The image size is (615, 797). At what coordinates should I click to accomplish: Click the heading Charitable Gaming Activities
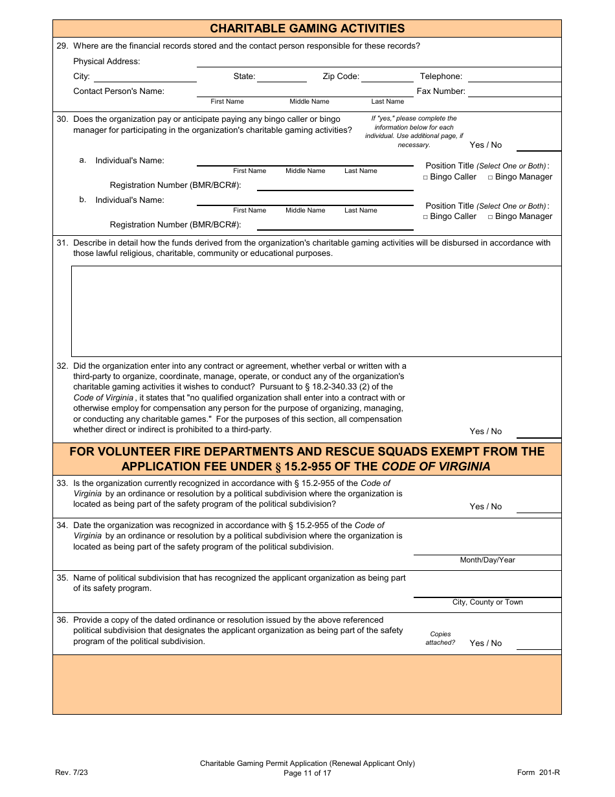[307, 29]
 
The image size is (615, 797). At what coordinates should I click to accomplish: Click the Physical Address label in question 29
[106, 62]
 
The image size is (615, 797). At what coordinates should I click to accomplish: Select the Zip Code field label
[341, 76]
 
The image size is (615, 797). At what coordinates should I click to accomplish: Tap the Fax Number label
[441, 91]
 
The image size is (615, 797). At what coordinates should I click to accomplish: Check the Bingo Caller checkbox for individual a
[425, 178]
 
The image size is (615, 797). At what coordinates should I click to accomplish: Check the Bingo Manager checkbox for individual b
[490, 217]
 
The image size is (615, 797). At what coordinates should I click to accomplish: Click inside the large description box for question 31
[316, 311]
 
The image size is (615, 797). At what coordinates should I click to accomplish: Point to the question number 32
[62, 366]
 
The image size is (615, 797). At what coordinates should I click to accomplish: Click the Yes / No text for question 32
[486, 432]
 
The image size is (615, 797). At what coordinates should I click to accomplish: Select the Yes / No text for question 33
[486, 507]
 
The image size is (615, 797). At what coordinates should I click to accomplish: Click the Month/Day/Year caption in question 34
[487, 560]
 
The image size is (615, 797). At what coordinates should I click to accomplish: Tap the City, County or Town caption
[487, 602]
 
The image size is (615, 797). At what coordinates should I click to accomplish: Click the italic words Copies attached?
[440, 638]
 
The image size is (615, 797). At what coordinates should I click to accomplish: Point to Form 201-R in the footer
[538, 772]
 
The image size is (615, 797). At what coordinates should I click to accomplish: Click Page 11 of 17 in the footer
[307, 772]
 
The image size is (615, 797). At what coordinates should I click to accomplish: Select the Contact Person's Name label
[118, 91]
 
